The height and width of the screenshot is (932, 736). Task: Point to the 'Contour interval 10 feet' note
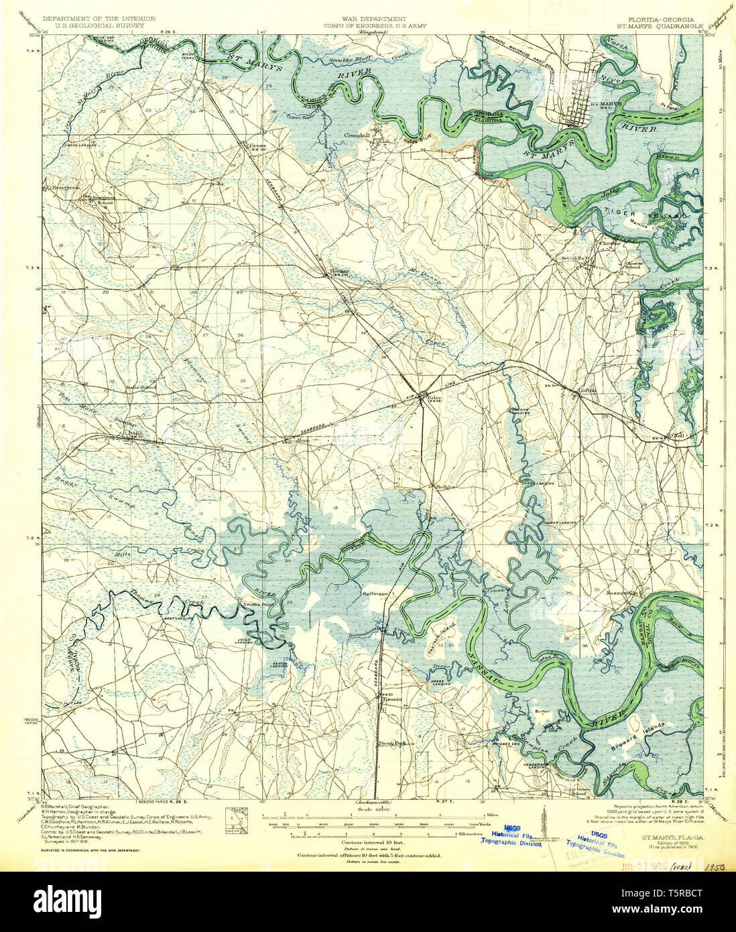pyautogui.click(x=367, y=841)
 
